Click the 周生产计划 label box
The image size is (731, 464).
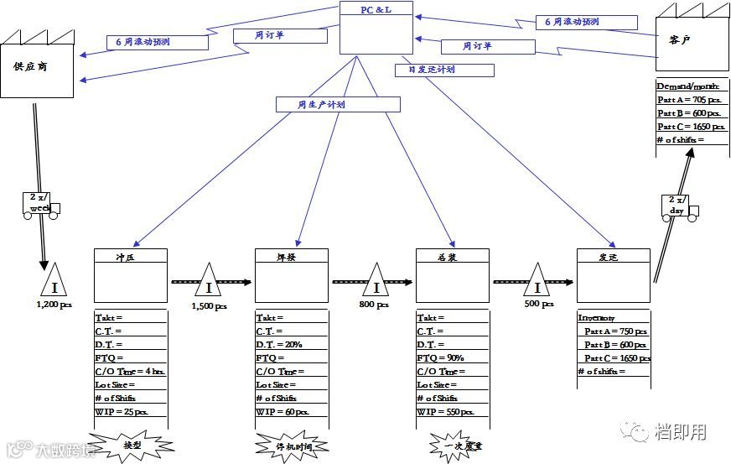[337, 105]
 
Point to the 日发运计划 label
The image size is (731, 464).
[431, 70]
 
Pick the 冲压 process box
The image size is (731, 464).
[130, 275]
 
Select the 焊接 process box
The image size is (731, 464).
[291, 275]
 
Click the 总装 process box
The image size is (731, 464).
[452, 275]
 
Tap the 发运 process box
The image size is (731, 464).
[613, 275]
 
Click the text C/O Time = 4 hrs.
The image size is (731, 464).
[130, 371]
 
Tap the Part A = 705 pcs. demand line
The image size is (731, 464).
[688, 100]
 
